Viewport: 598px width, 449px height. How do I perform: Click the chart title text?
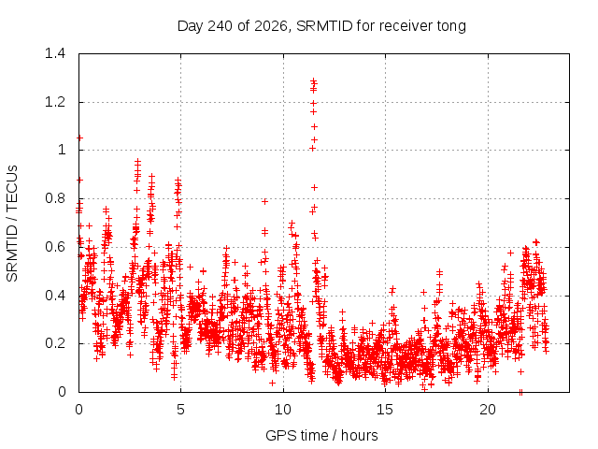click(x=321, y=26)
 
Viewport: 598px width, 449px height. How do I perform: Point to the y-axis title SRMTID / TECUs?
click(x=12, y=224)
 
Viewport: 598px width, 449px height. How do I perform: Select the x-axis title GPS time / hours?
click(x=321, y=435)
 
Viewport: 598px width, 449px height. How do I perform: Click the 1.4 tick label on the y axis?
click(x=55, y=53)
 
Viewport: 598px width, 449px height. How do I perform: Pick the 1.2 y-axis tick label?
click(x=55, y=102)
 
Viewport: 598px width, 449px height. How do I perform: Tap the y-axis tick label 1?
click(x=62, y=150)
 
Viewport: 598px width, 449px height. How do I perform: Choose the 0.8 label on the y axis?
click(x=55, y=198)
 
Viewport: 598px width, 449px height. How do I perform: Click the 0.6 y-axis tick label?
click(x=55, y=247)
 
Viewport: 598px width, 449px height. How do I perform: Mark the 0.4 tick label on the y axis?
click(x=55, y=296)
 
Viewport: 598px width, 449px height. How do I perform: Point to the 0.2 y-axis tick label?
click(x=55, y=343)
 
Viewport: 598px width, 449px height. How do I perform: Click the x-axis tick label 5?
click(x=180, y=410)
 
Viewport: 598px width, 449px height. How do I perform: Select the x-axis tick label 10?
click(x=283, y=410)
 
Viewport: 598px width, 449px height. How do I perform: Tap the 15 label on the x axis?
click(x=385, y=410)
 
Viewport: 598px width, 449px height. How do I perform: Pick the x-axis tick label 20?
click(x=488, y=410)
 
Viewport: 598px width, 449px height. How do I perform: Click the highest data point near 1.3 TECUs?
click(x=314, y=81)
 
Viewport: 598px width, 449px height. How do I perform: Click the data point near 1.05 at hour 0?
click(x=79, y=138)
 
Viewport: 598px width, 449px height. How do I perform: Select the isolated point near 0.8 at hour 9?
click(x=264, y=201)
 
